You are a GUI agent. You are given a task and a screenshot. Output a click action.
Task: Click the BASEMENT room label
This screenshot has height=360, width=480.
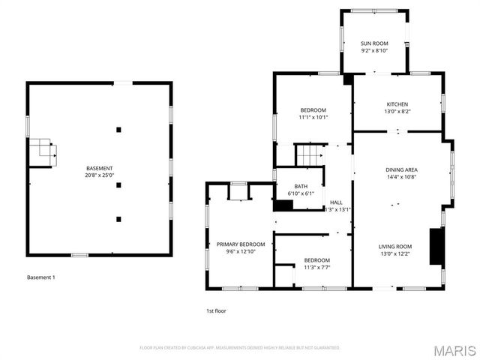pyautogui.click(x=100, y=168)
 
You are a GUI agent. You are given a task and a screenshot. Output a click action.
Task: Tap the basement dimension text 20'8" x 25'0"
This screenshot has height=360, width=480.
pyautogui.click(x=100, y=175)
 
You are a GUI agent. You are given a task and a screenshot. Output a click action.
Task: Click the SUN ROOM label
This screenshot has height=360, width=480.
pyautogui.click(x=374, y=43)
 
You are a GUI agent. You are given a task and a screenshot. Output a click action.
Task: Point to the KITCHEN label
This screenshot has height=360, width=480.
pyautogui.click(x=397, y=104)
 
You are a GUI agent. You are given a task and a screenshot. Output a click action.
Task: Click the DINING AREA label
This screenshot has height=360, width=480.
pyautogui.click(x=401, y=170)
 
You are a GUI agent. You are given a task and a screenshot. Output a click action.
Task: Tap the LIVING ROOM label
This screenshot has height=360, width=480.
pyautogui.click(x=394, y=246)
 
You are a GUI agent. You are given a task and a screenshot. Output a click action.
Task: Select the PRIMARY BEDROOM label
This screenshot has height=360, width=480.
pyautogui.click(x=241, y=244)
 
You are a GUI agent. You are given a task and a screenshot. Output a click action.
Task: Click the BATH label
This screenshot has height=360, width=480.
pyautogui.click(x=301, y=187)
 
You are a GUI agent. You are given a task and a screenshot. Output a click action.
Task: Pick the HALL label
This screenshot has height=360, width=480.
pyautogui.click(x=337, y=202)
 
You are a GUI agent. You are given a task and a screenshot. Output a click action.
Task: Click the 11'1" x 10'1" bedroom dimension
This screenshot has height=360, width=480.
pyautogui.click(x=313, y=117)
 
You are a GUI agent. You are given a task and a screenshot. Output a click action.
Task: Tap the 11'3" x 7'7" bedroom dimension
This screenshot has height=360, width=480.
pyautogui.click(x=317, y=267)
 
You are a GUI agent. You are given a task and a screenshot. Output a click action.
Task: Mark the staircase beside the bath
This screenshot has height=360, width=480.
pyautogui.click(x=310, y=155)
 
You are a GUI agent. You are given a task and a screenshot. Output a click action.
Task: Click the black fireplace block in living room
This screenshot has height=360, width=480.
pyautogui.click(x=435, y=246)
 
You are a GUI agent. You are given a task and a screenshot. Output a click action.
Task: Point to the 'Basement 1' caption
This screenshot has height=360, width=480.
pyautogui.click(x=40, y=277)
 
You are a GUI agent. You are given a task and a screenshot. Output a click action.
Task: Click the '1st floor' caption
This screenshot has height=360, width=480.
pyautogui.click(x=216, y=310)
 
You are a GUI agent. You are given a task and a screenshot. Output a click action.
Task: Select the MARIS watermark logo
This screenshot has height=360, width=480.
pyautogui.click(x=454, y=349)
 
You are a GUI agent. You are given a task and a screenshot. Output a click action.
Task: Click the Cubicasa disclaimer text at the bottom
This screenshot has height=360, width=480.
pyautogui.click(x=240, y=348)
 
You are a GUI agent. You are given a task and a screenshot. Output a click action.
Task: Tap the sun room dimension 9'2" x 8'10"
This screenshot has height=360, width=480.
pyautogui.click(x=374, y=51)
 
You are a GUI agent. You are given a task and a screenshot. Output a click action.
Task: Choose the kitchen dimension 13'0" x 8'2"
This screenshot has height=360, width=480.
pyautogui.click(x=397, y=112)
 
